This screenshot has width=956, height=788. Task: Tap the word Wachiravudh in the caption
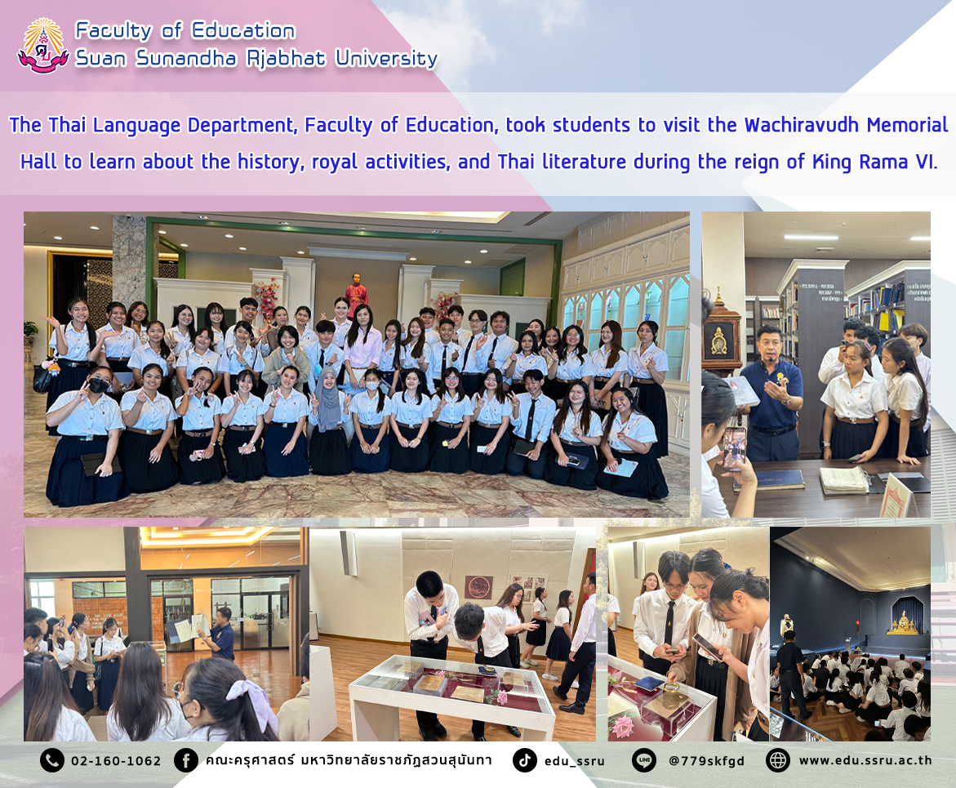coord(802,125)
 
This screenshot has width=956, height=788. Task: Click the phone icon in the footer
coord(51,760)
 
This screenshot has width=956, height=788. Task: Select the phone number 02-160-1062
coord(116,761)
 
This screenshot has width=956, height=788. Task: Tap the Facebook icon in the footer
coord(186,760)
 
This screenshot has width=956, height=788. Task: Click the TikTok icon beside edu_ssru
coord(524,760)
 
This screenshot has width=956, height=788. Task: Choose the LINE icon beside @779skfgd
coord(644,760)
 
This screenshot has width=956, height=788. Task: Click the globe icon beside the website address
coord(777,760)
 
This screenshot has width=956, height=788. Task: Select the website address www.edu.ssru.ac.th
coord(865,760)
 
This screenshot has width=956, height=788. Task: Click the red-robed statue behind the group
coord(356,294)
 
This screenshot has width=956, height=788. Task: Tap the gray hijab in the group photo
coord(328,398)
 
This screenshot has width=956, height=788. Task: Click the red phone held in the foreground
coord(734,448)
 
